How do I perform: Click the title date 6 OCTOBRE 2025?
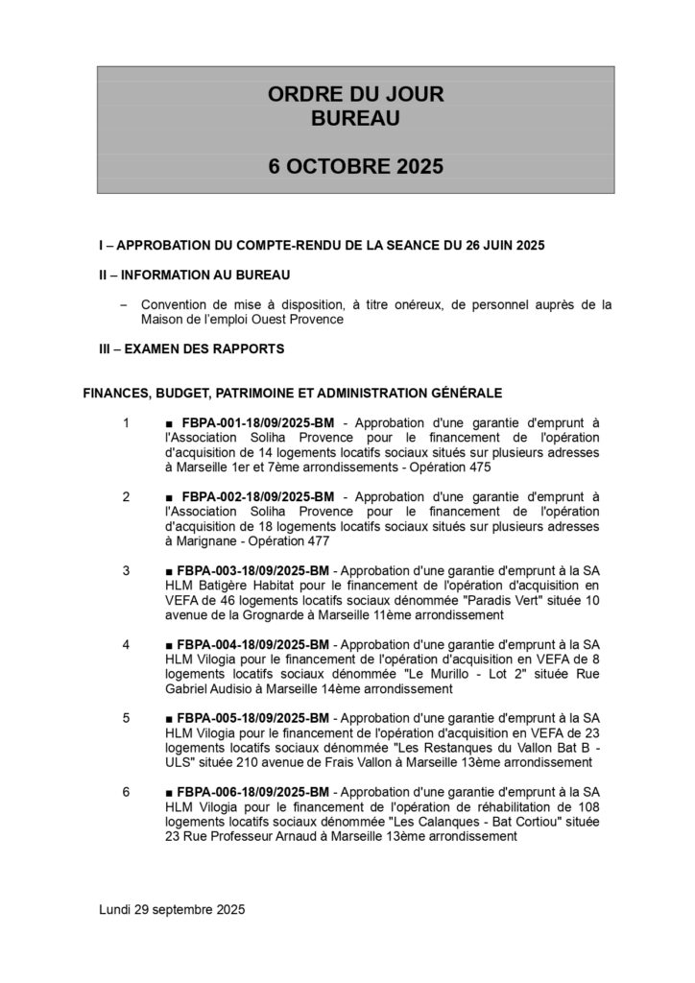(x=355, y=165)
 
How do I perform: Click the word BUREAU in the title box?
(x=355, y=118)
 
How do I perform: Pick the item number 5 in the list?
(x=126, y=718)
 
